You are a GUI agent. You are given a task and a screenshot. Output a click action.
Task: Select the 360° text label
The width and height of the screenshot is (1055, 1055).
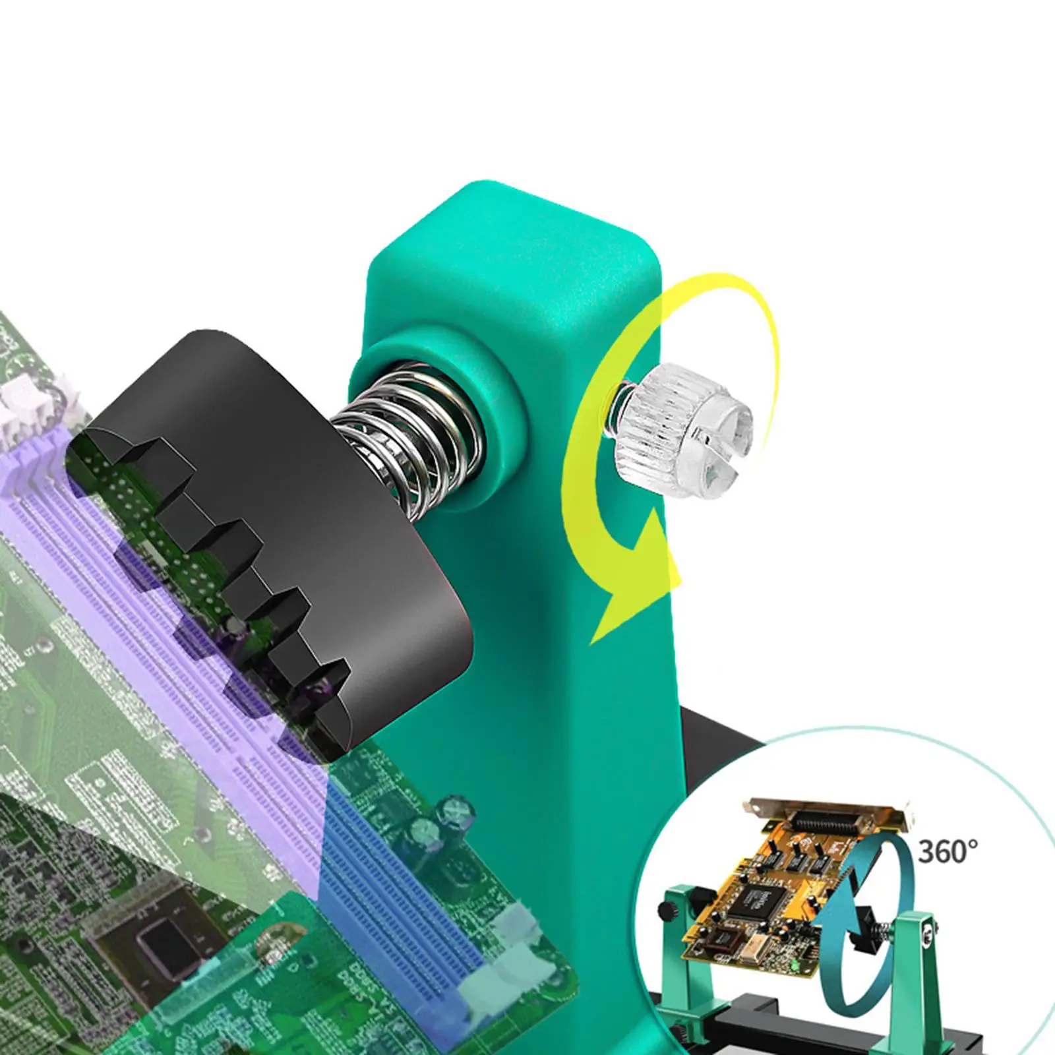(947, 851)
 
